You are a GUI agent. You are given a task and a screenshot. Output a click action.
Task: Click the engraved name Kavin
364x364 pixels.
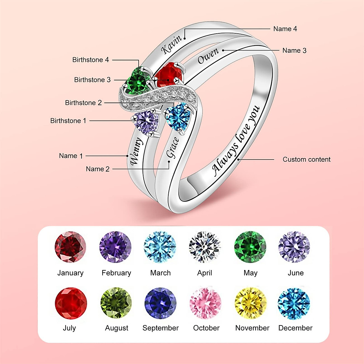pos(171,44)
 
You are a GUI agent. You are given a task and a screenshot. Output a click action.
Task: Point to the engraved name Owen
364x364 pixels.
pos(208,56)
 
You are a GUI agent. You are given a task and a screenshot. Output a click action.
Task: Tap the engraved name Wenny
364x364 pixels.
pos(136,151)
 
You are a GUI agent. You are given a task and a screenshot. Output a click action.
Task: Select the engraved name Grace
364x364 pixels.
pos(172,148)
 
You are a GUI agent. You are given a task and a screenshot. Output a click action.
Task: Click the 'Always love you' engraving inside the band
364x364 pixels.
pos(236,141)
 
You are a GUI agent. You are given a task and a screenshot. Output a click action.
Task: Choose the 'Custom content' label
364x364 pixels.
pos(306,160)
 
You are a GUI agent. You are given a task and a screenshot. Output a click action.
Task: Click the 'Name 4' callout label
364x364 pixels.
pos(285,29)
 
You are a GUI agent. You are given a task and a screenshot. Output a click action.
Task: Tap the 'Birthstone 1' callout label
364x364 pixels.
pos(68,121)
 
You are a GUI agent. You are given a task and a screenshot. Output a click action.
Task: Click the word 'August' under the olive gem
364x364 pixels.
pos(116,328)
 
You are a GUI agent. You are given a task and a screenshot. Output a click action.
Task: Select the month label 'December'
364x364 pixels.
pos(295,328)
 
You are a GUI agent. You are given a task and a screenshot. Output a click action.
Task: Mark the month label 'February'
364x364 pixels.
pos(116,273)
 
